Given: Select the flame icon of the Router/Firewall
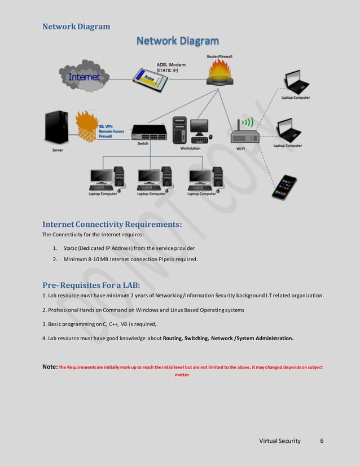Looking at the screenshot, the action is click(219, 72).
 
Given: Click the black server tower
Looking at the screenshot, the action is click(57, 127).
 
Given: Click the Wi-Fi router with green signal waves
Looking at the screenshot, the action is click(244, 133).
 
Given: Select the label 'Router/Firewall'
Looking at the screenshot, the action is click(219, 56).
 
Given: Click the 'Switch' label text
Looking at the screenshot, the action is click(143, 144).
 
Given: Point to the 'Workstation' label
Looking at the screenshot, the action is click(190, 148).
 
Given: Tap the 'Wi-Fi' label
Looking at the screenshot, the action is click(240, 148).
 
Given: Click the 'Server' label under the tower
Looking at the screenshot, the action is click(56, 150).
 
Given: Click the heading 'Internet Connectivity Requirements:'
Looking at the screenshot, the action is click(112, 225).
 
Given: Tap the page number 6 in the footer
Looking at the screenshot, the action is click(322, 441).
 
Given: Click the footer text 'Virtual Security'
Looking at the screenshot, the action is click(279, 441).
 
